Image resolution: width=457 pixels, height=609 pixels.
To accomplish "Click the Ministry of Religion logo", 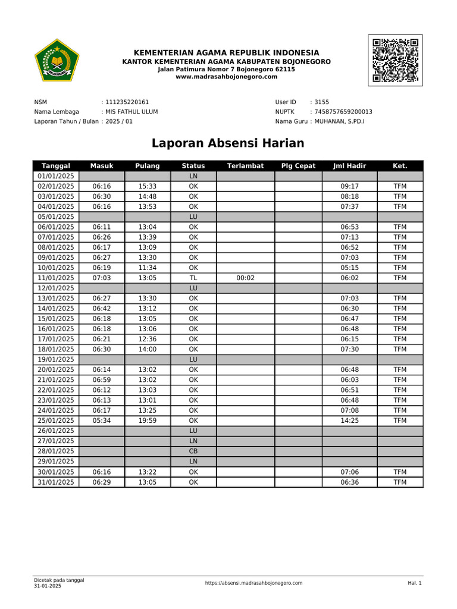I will [57, 60].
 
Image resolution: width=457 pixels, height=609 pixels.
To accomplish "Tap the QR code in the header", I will [395, 60].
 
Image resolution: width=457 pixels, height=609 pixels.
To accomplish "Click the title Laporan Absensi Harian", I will [228, 143].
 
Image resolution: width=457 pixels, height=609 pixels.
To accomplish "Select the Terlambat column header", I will [245, 166].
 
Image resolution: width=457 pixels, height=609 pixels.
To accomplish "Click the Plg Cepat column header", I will [298, 166].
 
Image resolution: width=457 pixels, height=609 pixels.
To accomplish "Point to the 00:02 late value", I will [245, 278].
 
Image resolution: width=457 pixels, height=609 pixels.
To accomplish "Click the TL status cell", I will [193, 278].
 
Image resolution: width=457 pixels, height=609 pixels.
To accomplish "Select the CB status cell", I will [193, 451].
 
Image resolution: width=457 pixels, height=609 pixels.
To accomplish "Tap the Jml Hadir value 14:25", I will [349, 420].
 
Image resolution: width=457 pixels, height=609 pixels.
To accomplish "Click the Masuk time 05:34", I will [102, 420].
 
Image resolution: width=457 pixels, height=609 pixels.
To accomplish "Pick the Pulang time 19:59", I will [148, 420].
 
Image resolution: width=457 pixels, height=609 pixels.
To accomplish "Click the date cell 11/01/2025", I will [55, 278].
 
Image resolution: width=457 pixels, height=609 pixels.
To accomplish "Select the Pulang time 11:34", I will [148, 268].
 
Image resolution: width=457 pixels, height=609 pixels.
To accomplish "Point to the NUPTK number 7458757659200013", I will [343, 112].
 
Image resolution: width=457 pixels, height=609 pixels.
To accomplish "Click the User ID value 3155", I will [322, 102].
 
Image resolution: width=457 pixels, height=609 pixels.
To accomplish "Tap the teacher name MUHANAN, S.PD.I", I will [339, 122].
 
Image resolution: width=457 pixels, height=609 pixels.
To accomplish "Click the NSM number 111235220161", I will [127, 102].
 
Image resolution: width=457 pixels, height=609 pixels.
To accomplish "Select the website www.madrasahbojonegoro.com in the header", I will [227, 77].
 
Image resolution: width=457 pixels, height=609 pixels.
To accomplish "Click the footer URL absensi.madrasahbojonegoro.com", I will [253, 583].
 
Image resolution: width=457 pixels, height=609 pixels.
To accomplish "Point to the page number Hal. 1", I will [414, 583].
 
